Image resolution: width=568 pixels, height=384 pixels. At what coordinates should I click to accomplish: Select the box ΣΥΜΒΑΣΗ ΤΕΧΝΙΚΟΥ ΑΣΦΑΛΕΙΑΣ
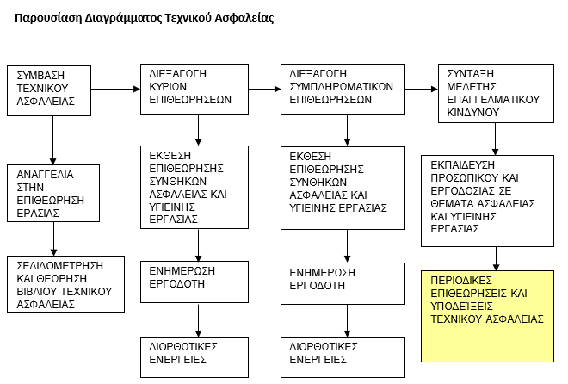[x=49, y=91]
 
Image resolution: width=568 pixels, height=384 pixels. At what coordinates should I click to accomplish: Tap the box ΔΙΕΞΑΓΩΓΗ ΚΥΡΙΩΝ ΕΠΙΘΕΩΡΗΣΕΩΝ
[x=194, y=90]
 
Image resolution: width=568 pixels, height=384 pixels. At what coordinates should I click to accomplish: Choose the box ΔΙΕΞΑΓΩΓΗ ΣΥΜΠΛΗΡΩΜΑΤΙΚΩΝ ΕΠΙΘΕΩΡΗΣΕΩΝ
[x=343, y=90]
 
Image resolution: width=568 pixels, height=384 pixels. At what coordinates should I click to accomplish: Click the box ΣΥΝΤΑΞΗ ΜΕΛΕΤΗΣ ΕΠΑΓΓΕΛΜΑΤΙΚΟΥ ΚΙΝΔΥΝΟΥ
[x=496, y=94]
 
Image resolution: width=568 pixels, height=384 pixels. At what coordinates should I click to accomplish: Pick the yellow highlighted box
[x=487, y=316]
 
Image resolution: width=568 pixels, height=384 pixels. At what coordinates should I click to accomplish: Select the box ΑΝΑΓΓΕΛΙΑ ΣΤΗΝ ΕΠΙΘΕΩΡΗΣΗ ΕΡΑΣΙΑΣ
[x=53, y=194]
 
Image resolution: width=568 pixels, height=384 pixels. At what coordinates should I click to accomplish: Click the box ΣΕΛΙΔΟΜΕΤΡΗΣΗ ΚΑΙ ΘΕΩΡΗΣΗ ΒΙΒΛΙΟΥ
[x=65, y=284]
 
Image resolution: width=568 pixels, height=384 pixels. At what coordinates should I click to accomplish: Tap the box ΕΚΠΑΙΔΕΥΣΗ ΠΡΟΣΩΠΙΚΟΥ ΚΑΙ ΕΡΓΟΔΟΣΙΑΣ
[x=487, y=201]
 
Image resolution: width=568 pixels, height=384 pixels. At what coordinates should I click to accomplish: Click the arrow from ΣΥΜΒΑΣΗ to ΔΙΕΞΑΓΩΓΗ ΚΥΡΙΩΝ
[x=115, y=90]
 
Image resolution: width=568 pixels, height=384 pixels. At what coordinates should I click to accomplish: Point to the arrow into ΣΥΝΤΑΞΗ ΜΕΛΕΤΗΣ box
[x=422, y=90]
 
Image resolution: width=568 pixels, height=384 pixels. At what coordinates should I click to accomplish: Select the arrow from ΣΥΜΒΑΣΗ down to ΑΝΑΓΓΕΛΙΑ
[x=52, y=140]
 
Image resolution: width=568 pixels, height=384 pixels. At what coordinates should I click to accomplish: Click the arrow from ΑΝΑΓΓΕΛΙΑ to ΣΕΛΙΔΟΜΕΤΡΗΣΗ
[x=53, y=239]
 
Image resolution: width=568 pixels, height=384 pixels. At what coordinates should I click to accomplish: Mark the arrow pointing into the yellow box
[x=497, y=259]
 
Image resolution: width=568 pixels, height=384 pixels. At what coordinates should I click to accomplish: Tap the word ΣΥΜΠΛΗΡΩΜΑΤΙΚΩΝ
[x=342, y=87]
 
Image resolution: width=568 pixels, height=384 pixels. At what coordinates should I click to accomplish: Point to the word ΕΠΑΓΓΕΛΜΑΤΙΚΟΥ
[x=493, y=100]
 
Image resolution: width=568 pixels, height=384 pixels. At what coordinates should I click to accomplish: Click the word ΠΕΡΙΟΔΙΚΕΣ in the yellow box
[x=461, y=281]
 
